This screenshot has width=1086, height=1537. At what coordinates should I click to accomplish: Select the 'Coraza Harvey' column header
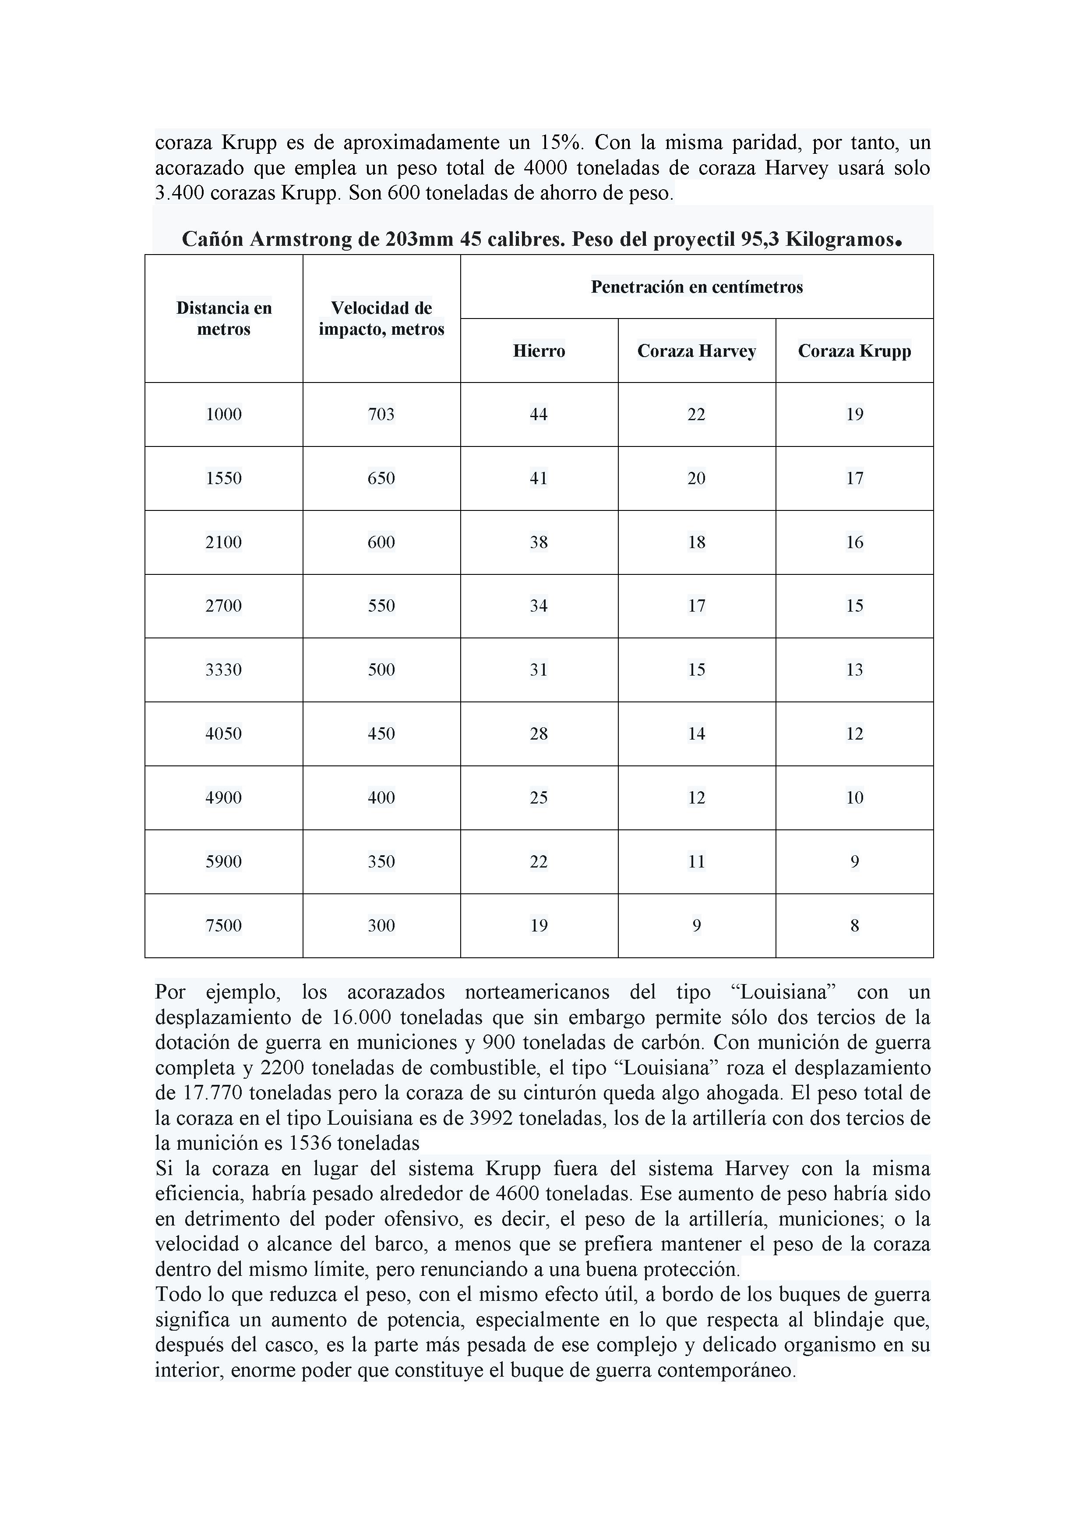(x=697, y=351)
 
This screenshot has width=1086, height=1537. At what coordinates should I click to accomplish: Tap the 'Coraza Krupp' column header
(x=854, y=351)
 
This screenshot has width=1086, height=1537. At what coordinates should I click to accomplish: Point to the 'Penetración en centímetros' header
(x=697, y=287)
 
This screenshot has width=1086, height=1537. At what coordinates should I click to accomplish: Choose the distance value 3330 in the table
(x=223, y=670)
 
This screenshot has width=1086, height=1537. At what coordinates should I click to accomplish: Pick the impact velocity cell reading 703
(x=381, y=414)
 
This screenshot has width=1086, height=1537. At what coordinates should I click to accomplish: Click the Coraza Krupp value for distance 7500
(x=854, y=926)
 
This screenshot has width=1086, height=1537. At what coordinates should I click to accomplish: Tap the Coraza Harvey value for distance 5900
(x=697, y=861)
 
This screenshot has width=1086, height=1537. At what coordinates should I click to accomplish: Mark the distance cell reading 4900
(x=223, y=798)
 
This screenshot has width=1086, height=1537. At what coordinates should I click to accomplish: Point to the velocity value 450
(x=381, y=734)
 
